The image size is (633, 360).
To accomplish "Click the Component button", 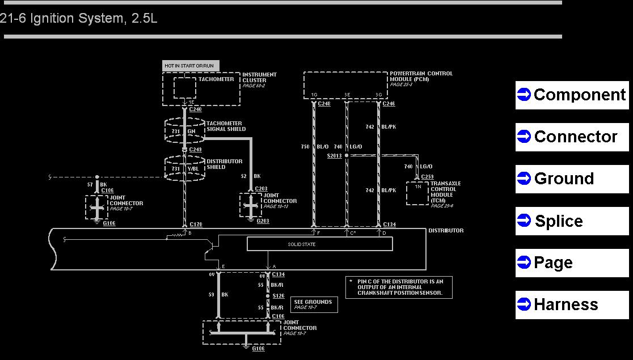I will pyautogui.click(x=572, y=95).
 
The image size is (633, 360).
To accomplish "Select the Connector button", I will pyautogui.click(x=572, y=137).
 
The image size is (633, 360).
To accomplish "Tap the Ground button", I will pyautogui.click(x=572, y=179).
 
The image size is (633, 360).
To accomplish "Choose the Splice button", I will pyautogui.click(x=572, y=221).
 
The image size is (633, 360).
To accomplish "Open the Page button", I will pyautogui.click(x=572, y=262).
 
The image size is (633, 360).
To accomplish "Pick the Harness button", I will pyautogui.click(x=572, y=304).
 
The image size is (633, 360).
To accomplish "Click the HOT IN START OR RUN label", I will pyautogui.click(x=190, y=66).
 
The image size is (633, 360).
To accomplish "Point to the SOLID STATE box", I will pyautogui.click(x=319, y=244).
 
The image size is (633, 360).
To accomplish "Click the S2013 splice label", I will pyautogui.click(x=335, y=155).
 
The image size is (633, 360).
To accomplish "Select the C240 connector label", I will pyautogui.click(x=195, y=109).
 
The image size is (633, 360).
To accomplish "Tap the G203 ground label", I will pyautogui.click(x=263, y=221).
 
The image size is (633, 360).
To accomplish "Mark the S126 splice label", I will pyautogui.click(x=278, y=296).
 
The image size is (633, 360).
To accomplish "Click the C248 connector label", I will pyautogui.click(x=324, y=104).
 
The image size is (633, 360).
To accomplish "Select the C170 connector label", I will pyautogui.click(x=196, y=225).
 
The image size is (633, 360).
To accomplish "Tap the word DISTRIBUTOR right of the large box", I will pyautogui.click(x=446, y=231).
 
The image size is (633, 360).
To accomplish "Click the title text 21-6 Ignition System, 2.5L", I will pyautogui.click(x=79, y=18).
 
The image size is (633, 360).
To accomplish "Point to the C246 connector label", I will pyautogui.click(x=389, y=104).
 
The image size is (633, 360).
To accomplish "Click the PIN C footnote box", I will pyautogui.click(x=399, y=287).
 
